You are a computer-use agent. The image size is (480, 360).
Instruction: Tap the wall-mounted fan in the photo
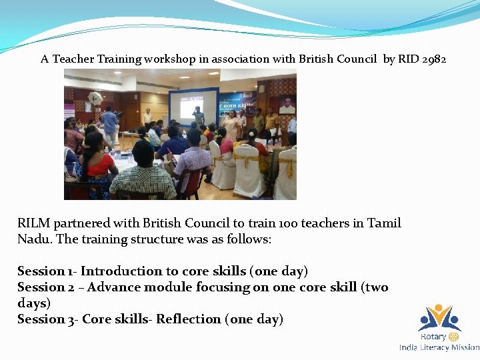[x=95, y=99]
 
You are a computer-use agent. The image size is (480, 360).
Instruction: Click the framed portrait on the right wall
[x=287, y=105]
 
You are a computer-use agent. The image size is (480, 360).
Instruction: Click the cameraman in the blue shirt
[x=109, y=121]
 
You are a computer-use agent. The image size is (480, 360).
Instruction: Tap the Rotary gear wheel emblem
[x=453, y=337]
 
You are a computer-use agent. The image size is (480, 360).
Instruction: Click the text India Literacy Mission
[x=439, y=347]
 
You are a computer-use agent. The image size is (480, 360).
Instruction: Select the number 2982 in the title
[x=434, y=59]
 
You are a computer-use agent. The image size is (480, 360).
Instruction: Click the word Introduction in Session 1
[x=121, y=271]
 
